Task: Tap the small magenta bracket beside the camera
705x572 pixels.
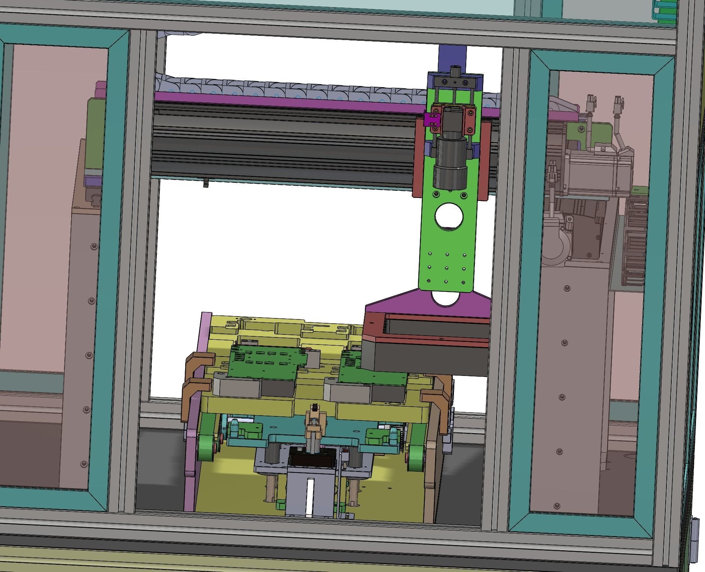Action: (431, 121)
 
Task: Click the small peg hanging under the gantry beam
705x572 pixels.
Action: (206, 183)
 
